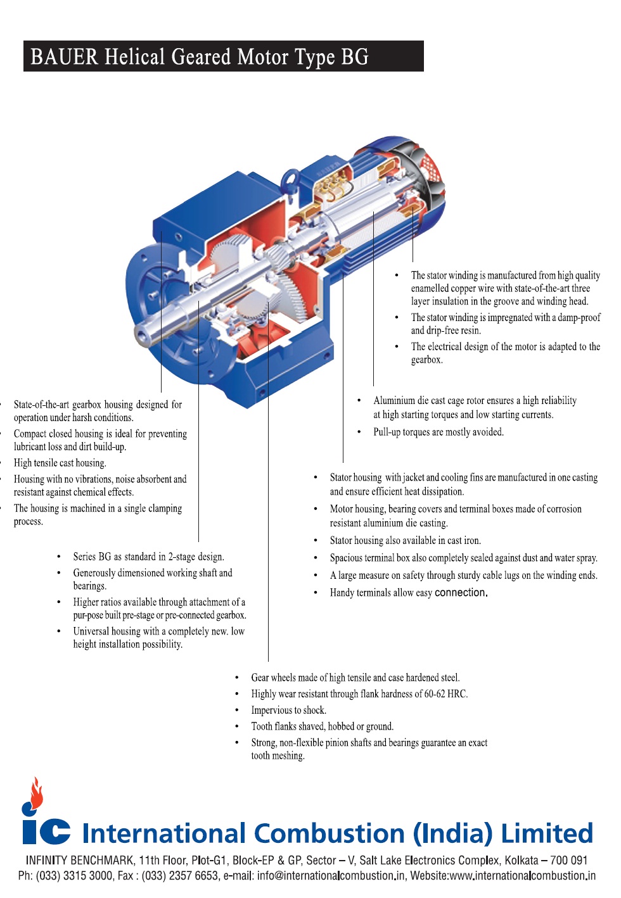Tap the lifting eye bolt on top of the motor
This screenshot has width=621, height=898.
point(290,180)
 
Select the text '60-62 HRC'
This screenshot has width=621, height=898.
point(445,694)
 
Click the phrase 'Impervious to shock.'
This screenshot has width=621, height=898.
point(288,711)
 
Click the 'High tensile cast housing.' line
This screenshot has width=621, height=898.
point(60,463)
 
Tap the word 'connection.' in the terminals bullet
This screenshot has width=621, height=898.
point(461,593)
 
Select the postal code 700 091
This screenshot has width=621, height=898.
point(568,861)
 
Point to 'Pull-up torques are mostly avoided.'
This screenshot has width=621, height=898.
point(439,432)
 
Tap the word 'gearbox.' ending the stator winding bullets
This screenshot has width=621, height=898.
point(426,360)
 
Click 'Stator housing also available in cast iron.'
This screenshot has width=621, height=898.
point(405,540)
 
